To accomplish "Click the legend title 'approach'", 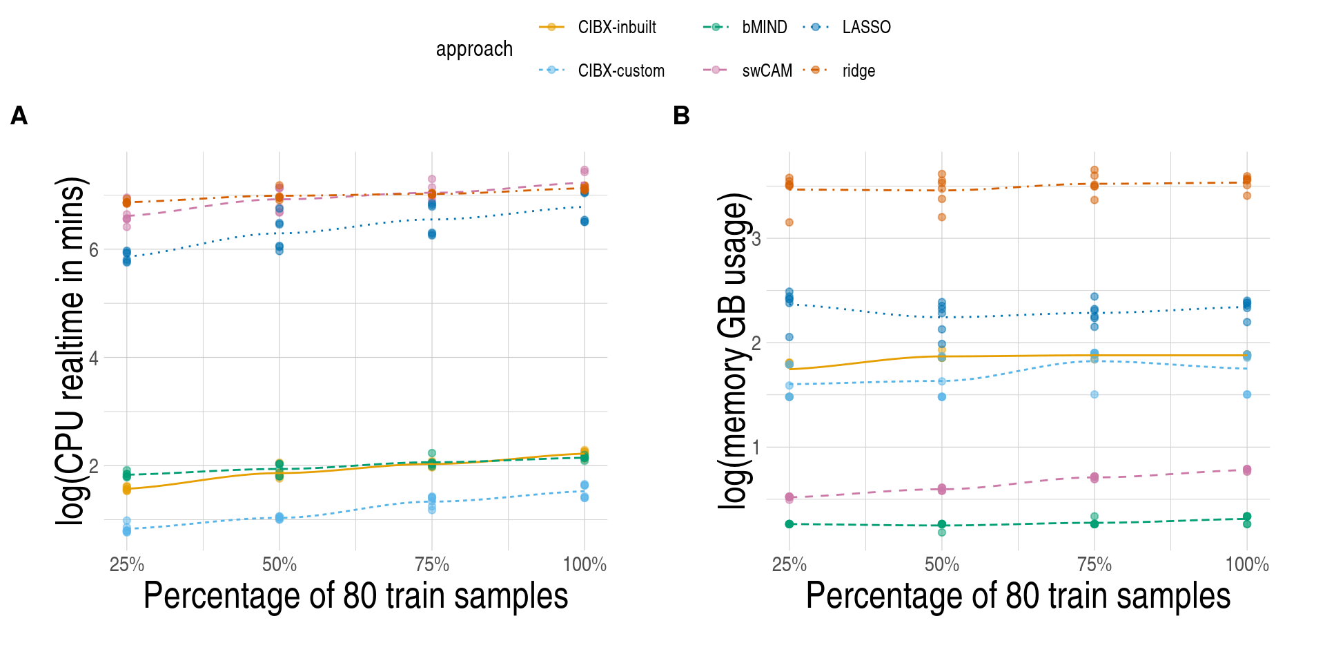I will [x=474, y=49].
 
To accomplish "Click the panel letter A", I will [x=19, y=116].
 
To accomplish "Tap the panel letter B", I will [x=681, y=116].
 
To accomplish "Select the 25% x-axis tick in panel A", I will [x=127, y=565].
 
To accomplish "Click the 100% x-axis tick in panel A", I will [x=585, y=565].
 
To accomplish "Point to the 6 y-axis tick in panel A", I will [x=94, y=250].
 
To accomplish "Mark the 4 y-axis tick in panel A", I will [x=94, y=358].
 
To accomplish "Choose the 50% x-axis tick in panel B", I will [x=942, y=565].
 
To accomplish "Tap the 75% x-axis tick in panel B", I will [x=1095, y=565].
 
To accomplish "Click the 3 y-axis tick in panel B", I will [x=756, y=239].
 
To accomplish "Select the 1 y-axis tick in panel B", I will [x=756, y=448].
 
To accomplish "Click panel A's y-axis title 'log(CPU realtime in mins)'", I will [x=70, y=351].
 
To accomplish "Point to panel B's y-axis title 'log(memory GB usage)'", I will [x=733, y=351].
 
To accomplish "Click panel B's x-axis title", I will [x=1018, y=596].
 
